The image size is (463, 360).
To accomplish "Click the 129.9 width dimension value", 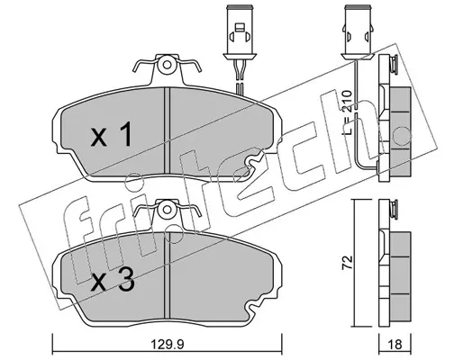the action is [167, 345].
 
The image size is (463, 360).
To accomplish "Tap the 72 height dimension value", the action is [347, 263].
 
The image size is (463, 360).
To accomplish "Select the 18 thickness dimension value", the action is [395, 345].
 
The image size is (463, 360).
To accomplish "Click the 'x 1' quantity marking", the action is [111, 134].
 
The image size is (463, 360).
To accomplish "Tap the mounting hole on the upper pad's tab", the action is [168, 65].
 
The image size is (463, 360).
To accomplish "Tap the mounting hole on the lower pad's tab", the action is [168, 210].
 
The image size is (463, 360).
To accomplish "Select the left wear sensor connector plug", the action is [240, 31].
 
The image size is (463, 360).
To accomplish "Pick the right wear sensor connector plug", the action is [358, 31].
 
